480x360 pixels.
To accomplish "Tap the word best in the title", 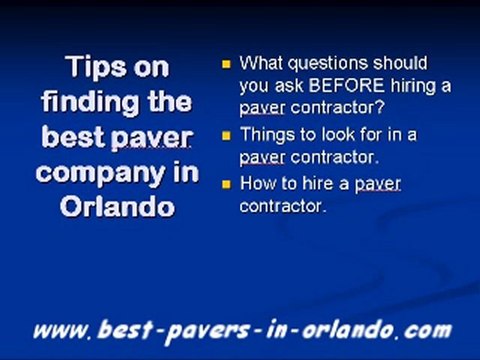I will pyautogui.click(x=75, y=137).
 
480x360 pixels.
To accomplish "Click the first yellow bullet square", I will pyautogui.click(x=226, y=63).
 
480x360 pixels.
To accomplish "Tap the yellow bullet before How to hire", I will pyautogui.click(x=226, y=184).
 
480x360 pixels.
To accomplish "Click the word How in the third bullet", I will pyautogui.click(x=257, y=184).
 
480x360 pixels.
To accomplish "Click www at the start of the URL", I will pyautogui.click(x=60, y=328).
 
